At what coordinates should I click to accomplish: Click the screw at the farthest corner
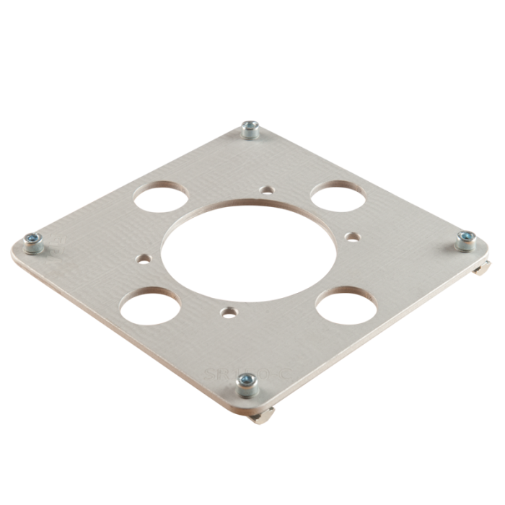(250, 131)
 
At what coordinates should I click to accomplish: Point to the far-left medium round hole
(159, 195)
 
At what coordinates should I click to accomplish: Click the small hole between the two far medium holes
(268, 190)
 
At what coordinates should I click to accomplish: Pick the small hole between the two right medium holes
(353, 235)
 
